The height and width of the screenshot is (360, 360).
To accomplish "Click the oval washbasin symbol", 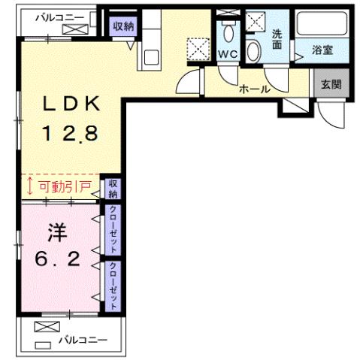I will coord(253,51).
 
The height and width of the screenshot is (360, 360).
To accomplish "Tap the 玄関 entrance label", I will coord(329,83).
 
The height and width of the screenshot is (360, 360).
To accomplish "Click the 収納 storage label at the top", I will coord(123,25).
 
